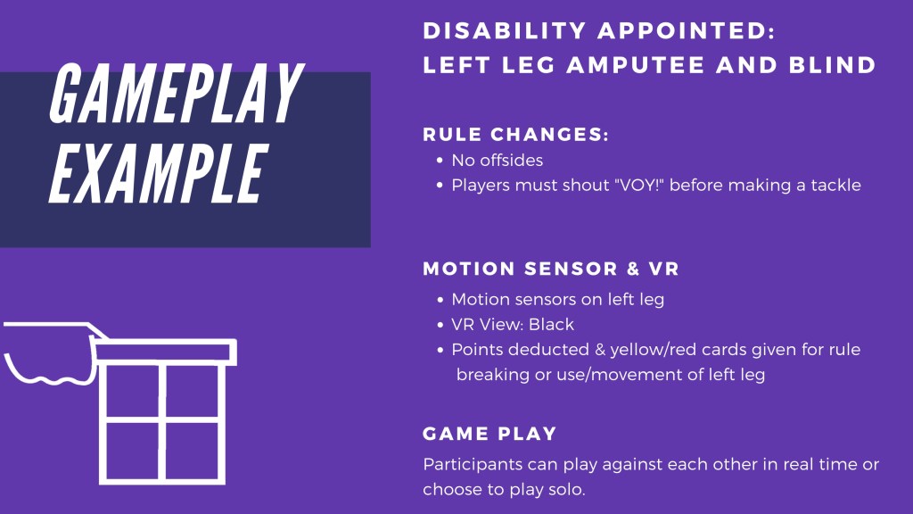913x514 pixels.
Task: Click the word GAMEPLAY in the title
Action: (177, 93)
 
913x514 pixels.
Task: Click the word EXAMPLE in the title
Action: (158, 173)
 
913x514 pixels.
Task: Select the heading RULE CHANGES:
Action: (515, 135)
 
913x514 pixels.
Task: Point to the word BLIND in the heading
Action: (832, 64)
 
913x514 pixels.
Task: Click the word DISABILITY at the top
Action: (505, 31)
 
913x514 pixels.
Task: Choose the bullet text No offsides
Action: (498, 161)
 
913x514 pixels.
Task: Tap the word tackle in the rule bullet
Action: (835, 185)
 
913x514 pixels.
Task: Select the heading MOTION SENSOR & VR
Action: (551, 269)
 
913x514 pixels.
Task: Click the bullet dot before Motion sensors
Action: (440, 300)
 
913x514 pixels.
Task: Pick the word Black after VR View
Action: (551, 324)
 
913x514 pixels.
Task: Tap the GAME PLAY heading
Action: (489, 434)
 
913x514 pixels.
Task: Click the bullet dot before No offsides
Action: (440, 161)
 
